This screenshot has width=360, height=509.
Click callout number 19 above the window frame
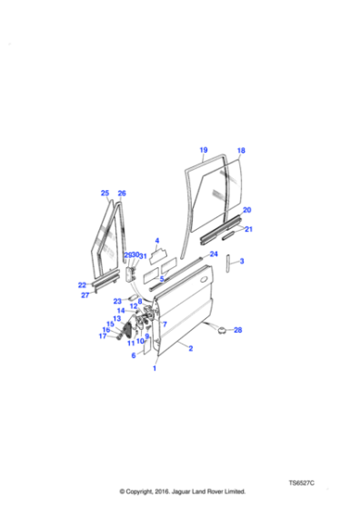point(204,150)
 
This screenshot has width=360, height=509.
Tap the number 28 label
point(238,330)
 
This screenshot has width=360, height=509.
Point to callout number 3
point(242,262)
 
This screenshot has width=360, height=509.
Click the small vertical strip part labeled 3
point(227,264)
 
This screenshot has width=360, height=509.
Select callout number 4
point(156,241)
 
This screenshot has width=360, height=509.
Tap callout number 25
point(105,194)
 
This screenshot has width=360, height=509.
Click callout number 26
point(122,194)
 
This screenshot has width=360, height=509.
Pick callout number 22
point(82,285)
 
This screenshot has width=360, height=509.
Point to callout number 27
point(85,295)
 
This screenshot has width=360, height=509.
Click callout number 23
point(117,301)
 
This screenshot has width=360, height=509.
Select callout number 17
point(103,336)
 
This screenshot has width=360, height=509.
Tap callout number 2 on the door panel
point(190,348)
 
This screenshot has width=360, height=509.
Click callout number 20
point(246,210)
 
